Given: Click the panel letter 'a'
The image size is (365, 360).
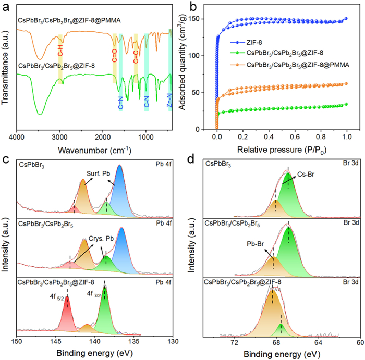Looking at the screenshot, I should coord(6,7).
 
